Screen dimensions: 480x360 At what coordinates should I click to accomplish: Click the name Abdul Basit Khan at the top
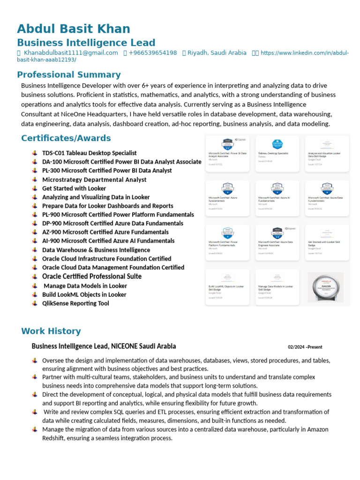click(x=74, y=29)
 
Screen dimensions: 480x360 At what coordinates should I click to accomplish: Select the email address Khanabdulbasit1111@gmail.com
click(x=71, y=53)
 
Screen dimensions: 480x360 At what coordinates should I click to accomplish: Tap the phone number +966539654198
click(x=153, y=53)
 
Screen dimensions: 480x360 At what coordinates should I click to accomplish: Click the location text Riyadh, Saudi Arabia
click(x=217, y=53)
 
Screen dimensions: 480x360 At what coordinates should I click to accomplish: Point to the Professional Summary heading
click(x=69, y=75)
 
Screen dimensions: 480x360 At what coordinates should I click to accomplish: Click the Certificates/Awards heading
click(x=66, y=138)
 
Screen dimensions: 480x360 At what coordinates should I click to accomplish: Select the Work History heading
click(x=51, y=331)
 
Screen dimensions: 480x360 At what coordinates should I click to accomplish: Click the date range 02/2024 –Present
click(x=305, y=347)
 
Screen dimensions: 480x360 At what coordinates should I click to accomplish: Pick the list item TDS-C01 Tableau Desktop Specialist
click(x=89, y=153)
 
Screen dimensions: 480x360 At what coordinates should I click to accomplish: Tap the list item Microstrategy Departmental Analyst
click(x=94, y=180)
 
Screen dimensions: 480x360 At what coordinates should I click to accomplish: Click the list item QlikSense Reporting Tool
click(x=75, y=303)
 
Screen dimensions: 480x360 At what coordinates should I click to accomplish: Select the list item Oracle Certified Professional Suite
click(x=92, y=277)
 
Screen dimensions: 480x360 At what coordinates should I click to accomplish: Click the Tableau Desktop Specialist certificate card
click(x=277, y=152)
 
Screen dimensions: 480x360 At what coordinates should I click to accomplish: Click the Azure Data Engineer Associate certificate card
click(x=277, y=242)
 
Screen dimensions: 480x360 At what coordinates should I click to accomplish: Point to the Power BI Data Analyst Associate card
click(x=228, y=152)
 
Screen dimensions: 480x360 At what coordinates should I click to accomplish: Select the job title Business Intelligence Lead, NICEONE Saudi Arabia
click(x=104, y=346)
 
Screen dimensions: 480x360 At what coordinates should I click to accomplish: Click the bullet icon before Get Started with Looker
click(x=35, y=188)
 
